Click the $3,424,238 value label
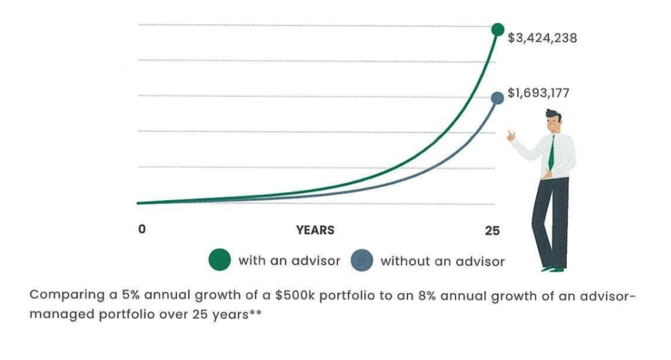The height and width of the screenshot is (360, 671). tap(543, 38)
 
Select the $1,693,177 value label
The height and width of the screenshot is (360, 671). tap(539, 94)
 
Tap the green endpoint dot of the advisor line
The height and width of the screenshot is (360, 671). tap(498, 30)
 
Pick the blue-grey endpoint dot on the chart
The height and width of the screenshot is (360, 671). tap(497, 98)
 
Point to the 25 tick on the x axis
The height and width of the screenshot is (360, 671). tap(492, 231)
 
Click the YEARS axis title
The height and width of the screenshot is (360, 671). tap(315, 230)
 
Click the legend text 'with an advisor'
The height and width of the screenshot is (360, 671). tap(289, 261)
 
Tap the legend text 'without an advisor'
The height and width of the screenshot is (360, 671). tap(442, 262)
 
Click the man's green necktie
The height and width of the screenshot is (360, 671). tap(552, 151)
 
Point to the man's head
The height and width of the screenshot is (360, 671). tap(554, 121)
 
